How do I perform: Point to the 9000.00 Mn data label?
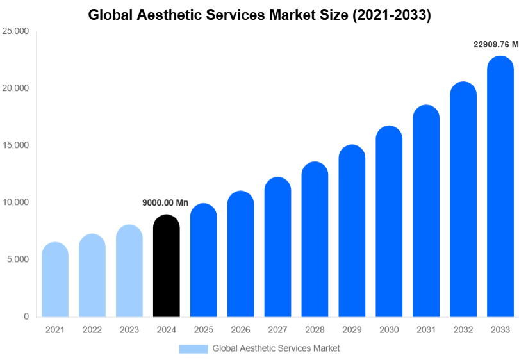pyautogui.click(x=165, y=203)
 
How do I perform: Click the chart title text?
pyautogui.click(x=259, y=15)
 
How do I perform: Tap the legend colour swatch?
pyautogui.click(x=194, y=348)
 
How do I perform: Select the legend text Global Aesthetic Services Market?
pyautogui.click(x=276, y=348)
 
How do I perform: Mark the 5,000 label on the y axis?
pyautogui.click(x=17, y=259)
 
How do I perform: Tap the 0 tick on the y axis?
pyautogui.click(x=26, y=316)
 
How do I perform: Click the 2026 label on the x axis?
pyautogui.click(x=241, y=330)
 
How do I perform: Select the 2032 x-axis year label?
pyautogui.click(x=463, y=330)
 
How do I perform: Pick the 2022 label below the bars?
pyautogui.click(x=92, y=330)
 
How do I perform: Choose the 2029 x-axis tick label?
pyautogui.click(x=352, y=330)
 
